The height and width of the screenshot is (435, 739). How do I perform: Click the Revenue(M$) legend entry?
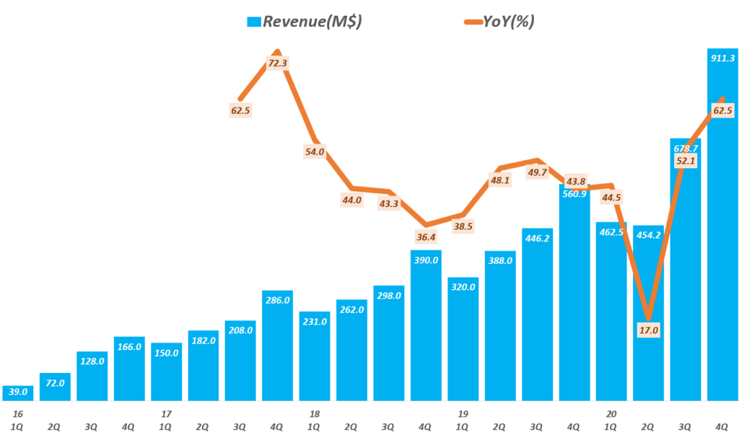(303, 22)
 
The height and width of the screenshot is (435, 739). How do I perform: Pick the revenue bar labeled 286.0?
(278, 346)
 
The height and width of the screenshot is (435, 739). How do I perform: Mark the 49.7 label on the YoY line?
(538, 172)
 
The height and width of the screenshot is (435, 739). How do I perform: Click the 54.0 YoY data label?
(315, 151)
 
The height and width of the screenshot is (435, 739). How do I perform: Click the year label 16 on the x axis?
(17, 413)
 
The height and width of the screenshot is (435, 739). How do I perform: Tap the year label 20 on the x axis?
(612, 413)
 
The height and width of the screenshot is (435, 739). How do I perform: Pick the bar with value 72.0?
(55, 387)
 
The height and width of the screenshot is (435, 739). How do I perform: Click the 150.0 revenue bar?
(167, 372)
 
